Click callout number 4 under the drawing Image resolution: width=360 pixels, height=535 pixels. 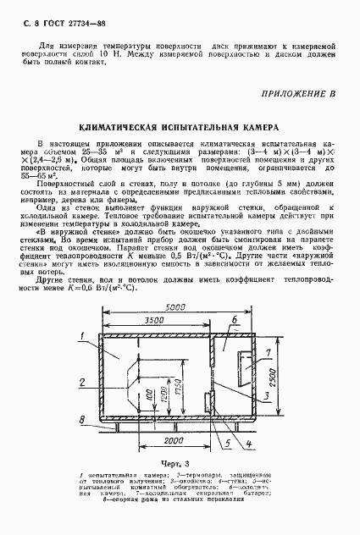click(x=247, y=443)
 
